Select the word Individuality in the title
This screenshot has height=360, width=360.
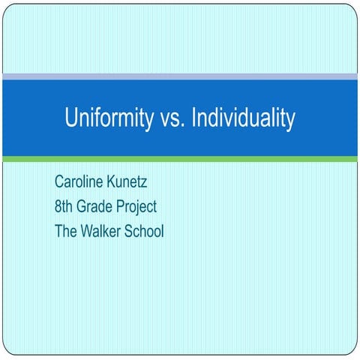coord(243,118)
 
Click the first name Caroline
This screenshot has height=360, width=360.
coord(79,181)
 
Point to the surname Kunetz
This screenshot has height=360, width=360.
coord(133,181)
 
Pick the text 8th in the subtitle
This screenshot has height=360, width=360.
coord(64,206)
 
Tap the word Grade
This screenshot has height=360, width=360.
coord(94,206)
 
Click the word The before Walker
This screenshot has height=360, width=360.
coord(66,230)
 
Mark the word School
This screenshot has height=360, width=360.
coord(145,230)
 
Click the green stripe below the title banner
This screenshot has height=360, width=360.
coord(180,159)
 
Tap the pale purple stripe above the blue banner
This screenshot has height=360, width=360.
coord(180,76)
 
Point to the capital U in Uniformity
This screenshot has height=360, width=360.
coord(71,118)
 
